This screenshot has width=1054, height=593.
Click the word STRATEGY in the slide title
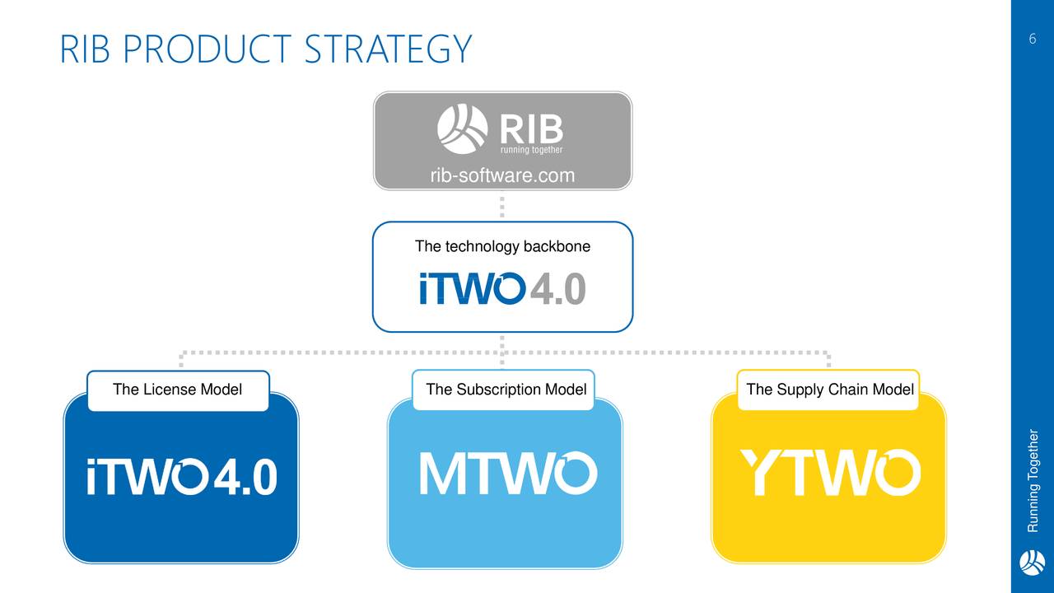tap(388, 49)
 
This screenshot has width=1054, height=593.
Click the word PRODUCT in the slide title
tap(207, 49)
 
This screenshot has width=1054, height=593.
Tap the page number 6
tap(1033, 39)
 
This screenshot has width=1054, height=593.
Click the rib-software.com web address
tap(502, 175)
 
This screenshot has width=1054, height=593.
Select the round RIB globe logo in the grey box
tap(463, 129)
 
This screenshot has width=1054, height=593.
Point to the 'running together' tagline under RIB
tap(531, 150)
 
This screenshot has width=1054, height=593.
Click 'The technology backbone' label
tap(502, 246)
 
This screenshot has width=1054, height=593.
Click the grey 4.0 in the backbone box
tap(558, 288)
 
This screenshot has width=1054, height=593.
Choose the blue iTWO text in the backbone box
tap(472, 288)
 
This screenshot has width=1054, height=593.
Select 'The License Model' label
tap(177, 390)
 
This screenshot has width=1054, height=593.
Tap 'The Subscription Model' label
tap(506, 390)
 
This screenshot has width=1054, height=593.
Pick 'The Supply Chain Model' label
tap(830, 390)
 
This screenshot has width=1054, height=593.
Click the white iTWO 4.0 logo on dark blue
tap(182, 476)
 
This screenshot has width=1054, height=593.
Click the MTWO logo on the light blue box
tap(508, 473)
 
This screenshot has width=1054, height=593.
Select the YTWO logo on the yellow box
tap(831, 473)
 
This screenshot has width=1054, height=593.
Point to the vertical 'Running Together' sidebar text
tap(1033, 480)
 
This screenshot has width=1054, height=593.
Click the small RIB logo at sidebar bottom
tap(1033, 562)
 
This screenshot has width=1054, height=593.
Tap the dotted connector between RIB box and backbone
tap(502, 207)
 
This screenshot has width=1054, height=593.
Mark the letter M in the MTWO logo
tap(441, 474)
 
